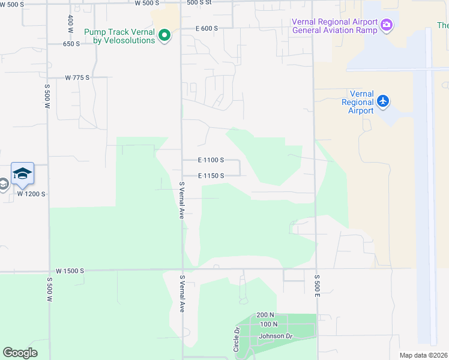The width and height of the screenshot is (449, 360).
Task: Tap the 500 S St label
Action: pos(199,3)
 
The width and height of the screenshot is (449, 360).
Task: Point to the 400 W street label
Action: pos(71,23)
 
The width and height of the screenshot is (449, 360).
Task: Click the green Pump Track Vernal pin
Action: pos(164,36)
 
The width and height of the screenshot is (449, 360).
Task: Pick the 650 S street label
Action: pos(71,44)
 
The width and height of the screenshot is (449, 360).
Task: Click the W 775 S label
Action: pos(77,77)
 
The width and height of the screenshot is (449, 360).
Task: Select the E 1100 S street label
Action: pos(211,160)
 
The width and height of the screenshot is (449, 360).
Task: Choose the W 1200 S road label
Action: pos(31,194)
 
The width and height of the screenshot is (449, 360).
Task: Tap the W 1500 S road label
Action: pos(70,271)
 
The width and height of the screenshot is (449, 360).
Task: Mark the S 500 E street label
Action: pos(316,285)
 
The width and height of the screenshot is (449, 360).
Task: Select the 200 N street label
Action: pos(265,315)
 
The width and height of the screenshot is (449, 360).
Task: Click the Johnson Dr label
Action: pos(274,336)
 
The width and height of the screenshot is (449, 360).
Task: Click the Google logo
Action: pos(20,353)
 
